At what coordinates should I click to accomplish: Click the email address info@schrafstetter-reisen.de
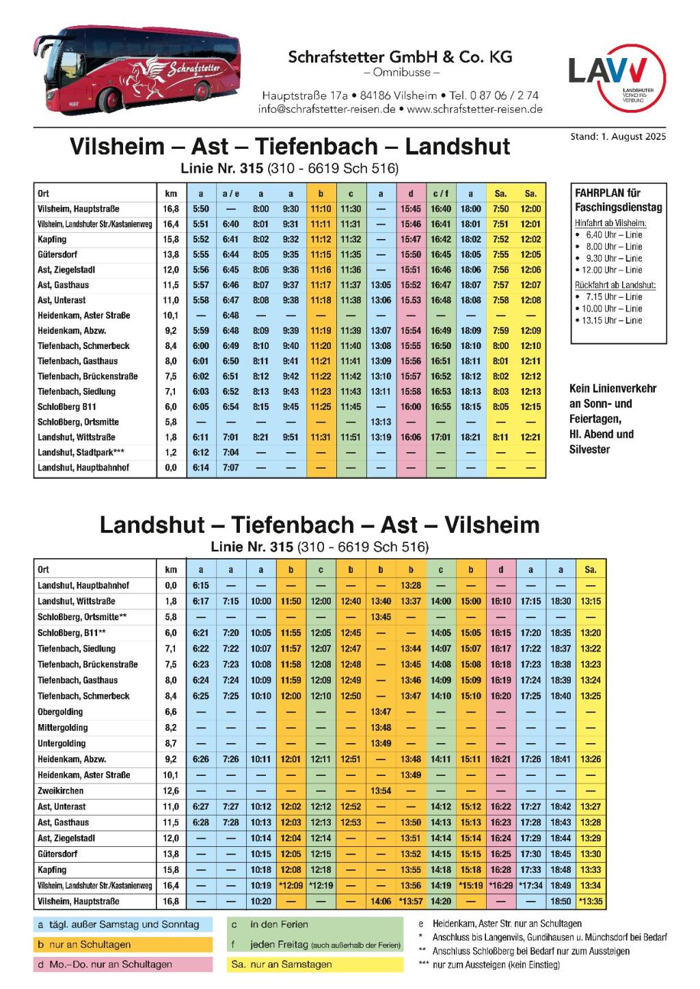pos(327,109)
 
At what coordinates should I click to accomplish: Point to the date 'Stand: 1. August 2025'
pos(617,137)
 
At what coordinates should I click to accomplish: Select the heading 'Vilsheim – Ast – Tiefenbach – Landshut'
pos(290,146)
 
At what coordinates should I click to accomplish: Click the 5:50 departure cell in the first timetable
pos(201,209)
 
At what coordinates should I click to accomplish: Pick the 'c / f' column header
pos(441,194)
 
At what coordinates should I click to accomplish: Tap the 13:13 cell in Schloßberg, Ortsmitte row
pos(381,422)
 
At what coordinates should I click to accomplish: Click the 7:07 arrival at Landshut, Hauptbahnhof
pos(231,468)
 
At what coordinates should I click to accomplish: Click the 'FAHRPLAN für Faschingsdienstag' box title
pos(618,200)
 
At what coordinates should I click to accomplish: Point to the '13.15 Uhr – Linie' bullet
pos(613,320)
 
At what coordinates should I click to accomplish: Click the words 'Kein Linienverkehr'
pos(612,389)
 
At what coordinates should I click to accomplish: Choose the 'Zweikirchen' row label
pos(61,791)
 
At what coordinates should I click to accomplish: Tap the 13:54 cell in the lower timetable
pos(381,791)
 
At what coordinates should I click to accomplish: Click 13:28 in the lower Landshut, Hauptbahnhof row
pos(411,585)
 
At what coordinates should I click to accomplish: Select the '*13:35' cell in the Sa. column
pos(591,902)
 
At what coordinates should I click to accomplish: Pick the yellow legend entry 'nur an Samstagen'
pos(291,964)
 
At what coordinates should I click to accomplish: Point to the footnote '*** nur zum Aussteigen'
pos(489,964)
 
